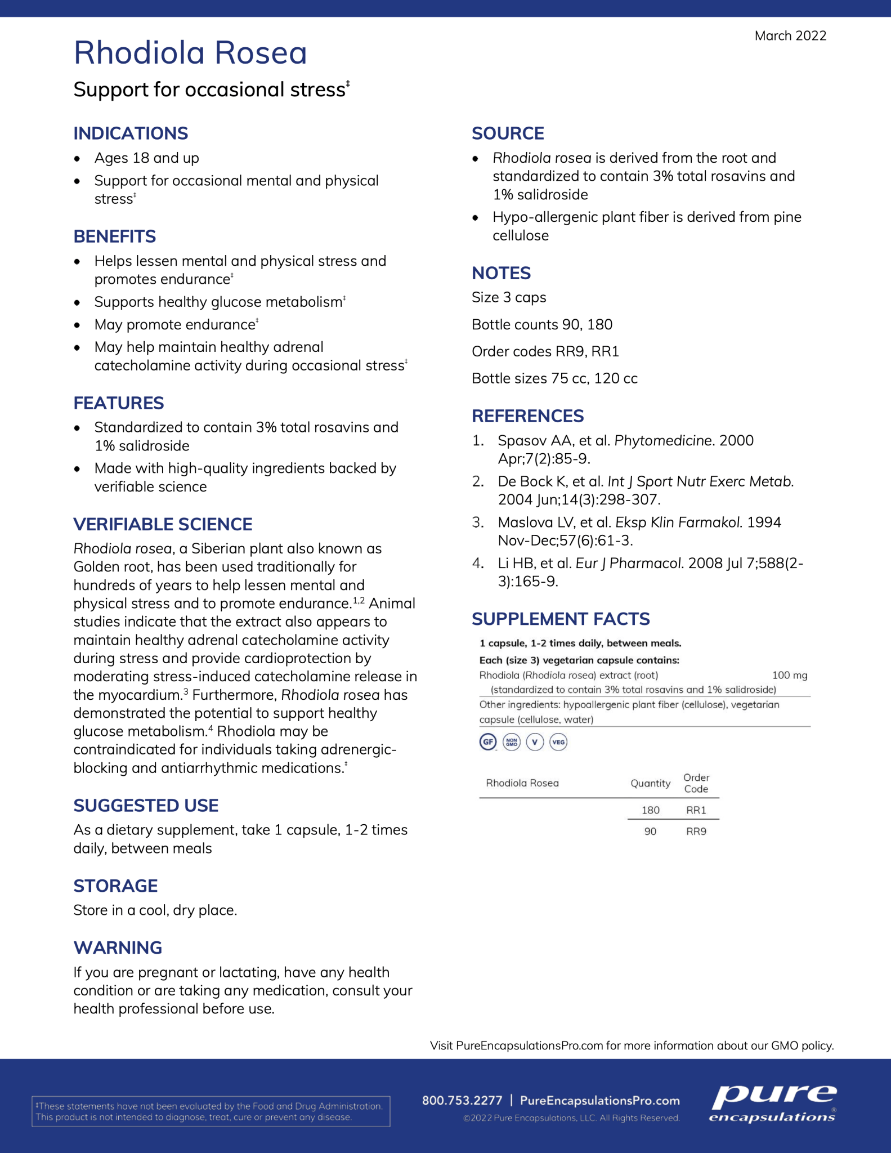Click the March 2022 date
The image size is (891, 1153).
(x=790, y=36)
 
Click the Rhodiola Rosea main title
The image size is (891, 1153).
(x=190, y=53)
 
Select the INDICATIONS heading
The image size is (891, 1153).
(x=131, y=133)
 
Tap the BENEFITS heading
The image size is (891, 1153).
(x=115, y=236)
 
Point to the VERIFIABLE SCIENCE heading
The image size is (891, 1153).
(x=163, y=524)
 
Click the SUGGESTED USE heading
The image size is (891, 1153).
(x=146, y=806)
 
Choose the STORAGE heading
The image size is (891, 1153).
(x=115, y=886)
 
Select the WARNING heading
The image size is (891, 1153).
(x=118, y=948)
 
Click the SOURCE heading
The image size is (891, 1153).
(x=508, y=133)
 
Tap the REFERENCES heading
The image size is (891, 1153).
(x=527, y=416)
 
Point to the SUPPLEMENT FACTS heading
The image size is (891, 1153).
(x=561, y=619)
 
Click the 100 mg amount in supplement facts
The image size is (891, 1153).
(x=789, y=675)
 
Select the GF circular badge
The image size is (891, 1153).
(x=487, y=742)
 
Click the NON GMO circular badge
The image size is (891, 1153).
(x=511, y=742)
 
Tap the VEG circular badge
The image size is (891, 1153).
(x=558, y=742)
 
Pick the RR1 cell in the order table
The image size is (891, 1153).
(x=696, y=810)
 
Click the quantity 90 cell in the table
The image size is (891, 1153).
(x=650, y=832)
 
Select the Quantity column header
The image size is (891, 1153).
(x=650, y=783)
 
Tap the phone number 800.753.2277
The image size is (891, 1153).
(x=462, y=1101)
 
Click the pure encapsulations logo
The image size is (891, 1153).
(x=773, y=1104)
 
